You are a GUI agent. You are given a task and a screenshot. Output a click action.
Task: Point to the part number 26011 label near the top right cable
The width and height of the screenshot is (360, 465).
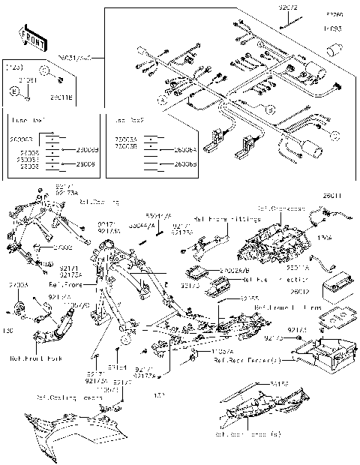tap(332, 196)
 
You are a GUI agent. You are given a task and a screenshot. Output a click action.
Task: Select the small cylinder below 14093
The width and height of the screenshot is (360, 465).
tap(332, 51)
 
